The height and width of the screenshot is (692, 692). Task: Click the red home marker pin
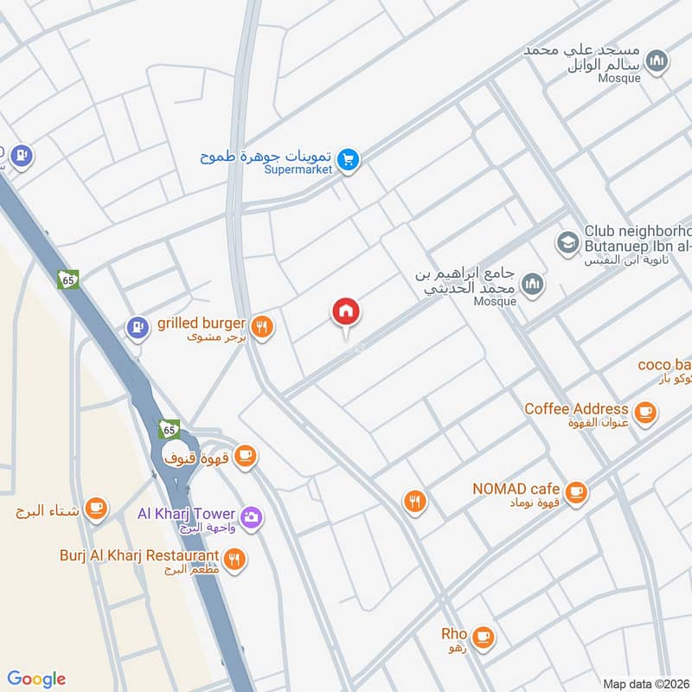tap(347, 312)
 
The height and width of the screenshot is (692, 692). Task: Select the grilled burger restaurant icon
tap(263, 326)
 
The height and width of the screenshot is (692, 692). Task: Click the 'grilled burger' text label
tap(202, 324)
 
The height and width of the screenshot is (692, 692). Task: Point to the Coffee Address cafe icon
tap(644, 413)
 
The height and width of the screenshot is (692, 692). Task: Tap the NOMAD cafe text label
tap(516, 489)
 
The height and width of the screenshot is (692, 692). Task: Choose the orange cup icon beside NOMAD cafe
tap(578, 492)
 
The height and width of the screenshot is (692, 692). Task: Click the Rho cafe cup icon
tap(483, 637)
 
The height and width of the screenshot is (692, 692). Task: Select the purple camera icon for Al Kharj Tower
tap(252, 517)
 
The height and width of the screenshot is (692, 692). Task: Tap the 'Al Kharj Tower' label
tap(187, 513)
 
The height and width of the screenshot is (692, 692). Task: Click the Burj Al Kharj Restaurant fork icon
tap(234, 559)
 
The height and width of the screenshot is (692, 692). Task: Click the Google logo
tap(37, 678)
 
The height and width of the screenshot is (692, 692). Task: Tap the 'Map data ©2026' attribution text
tap(645, 684)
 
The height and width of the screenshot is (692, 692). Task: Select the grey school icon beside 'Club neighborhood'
tap(568, 241)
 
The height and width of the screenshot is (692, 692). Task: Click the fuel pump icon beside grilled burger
tap(136, 327)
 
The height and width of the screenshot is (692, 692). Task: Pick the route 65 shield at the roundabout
tap(168, 429)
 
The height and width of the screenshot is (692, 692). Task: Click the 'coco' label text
tap(656, 364)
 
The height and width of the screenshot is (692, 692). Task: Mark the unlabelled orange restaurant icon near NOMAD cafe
tap(415, 500)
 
